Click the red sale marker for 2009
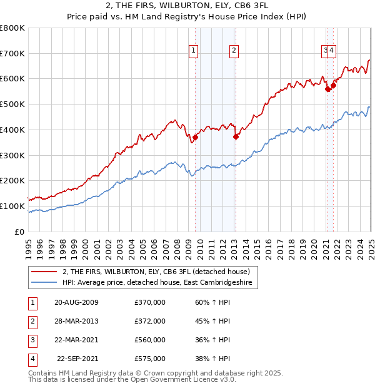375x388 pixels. coord(195,138)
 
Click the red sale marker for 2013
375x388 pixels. coord(236,137)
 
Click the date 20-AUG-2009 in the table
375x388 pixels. coord(76,303)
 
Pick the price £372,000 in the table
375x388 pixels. coord(150,321)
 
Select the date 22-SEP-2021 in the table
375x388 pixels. coord(78,359)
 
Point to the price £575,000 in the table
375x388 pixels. coord(150,359)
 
